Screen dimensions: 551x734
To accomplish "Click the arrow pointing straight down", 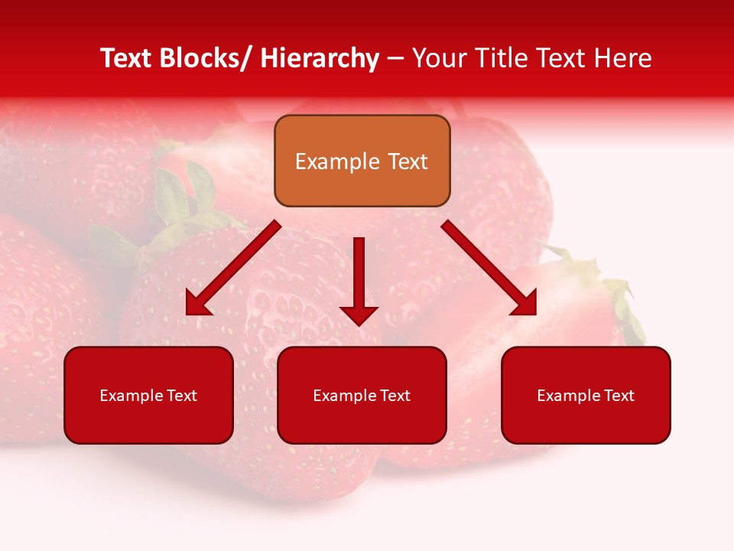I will pos(359,279).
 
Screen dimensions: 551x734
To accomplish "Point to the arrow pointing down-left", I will pos(233,268).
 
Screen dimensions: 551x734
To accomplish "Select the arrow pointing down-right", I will pos(489,268).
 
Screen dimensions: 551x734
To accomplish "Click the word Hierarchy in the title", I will pos(320,58).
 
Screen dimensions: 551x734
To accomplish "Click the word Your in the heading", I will pos(438,58).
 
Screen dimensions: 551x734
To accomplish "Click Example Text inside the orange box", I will pos(362,161).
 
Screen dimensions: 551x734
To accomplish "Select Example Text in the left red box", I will pos(148,396).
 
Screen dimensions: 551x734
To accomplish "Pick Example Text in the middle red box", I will pos(362,396).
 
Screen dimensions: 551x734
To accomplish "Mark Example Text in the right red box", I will pos(586,396).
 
